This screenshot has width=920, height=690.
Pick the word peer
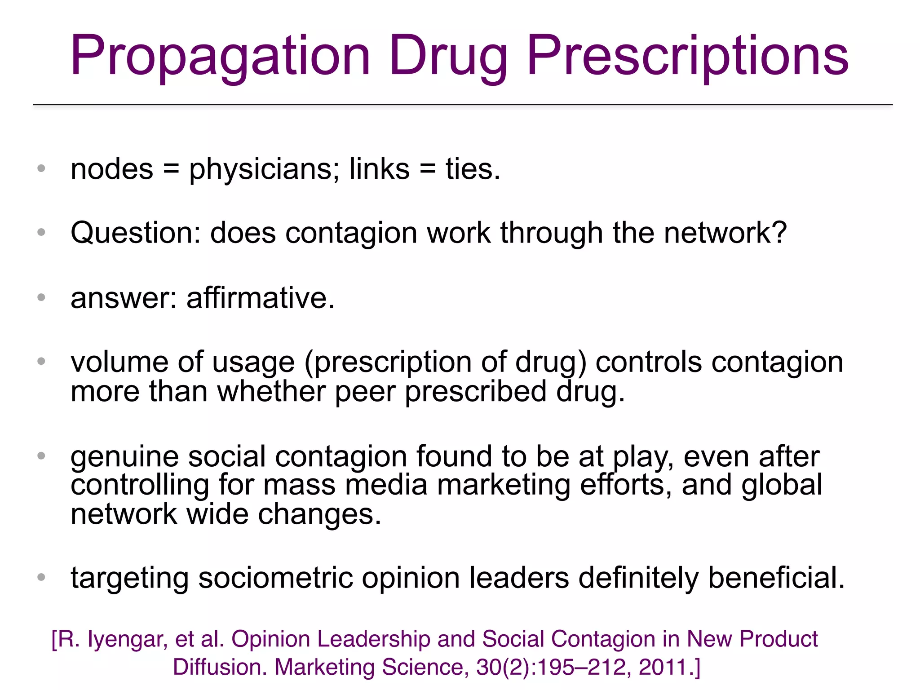(x=365, y=392)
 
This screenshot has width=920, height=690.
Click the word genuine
(x=124, y=457)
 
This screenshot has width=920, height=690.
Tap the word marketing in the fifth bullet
(x=504, y=485)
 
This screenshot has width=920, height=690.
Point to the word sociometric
(x=275, y=578)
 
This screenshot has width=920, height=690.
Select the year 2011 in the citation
(x=662, y=667)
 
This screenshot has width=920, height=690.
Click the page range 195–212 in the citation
(x=584, y=667)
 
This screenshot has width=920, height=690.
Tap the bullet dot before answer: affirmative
(x=41, y=297)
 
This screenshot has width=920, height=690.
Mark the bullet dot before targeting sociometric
(x=41, y=577)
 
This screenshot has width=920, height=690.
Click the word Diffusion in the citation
(x=220, y=667)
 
